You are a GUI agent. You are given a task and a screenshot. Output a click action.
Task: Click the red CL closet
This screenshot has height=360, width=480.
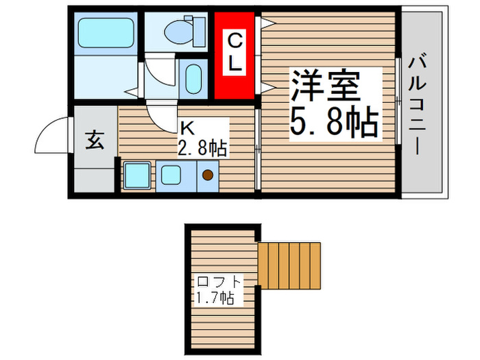(235, 55)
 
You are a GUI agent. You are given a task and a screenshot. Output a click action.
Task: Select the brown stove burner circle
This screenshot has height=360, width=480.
(207, 176)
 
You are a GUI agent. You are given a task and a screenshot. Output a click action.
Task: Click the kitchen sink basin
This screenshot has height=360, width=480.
(169, 175)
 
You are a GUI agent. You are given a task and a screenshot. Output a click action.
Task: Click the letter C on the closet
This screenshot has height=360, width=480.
(235, 39)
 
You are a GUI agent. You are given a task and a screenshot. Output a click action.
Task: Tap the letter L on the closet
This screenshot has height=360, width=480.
(235, 65)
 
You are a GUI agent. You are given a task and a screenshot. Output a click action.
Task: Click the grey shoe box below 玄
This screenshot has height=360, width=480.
(94, 180)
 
